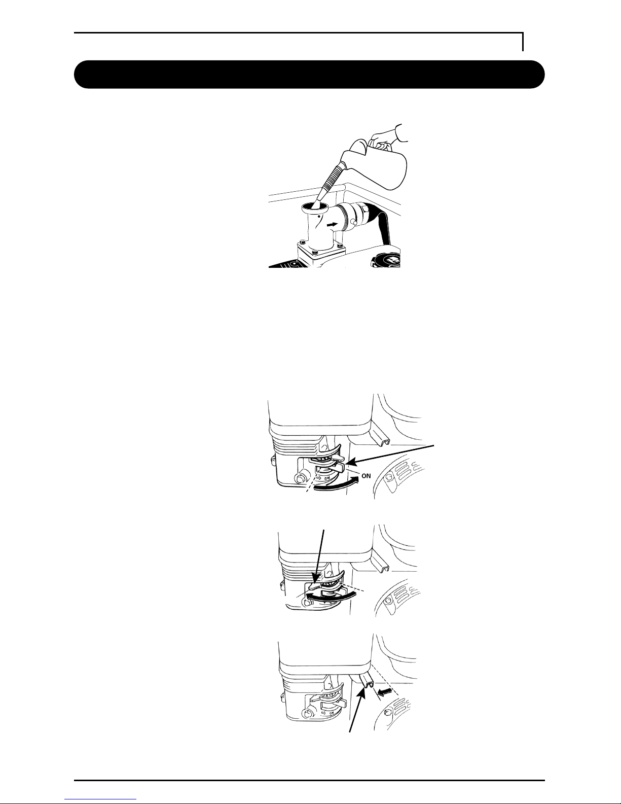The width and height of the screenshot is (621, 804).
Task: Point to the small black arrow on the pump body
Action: [x=332, y=224]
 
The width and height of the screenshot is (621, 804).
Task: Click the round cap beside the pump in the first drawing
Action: [x=386, y=260]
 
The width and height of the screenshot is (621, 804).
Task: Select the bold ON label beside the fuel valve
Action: [x=366, y=476]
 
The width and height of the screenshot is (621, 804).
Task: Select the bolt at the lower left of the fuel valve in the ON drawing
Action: [x=300, y=479]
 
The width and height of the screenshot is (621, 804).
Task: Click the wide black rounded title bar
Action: [x=309, y=75]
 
